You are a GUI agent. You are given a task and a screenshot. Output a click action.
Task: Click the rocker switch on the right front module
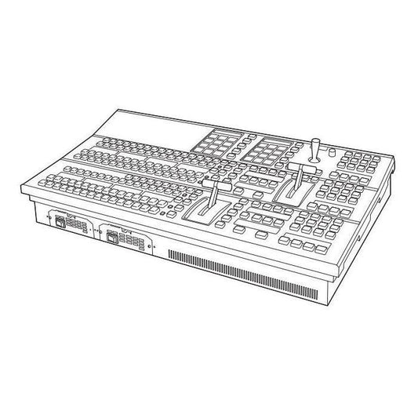point(114,236)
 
